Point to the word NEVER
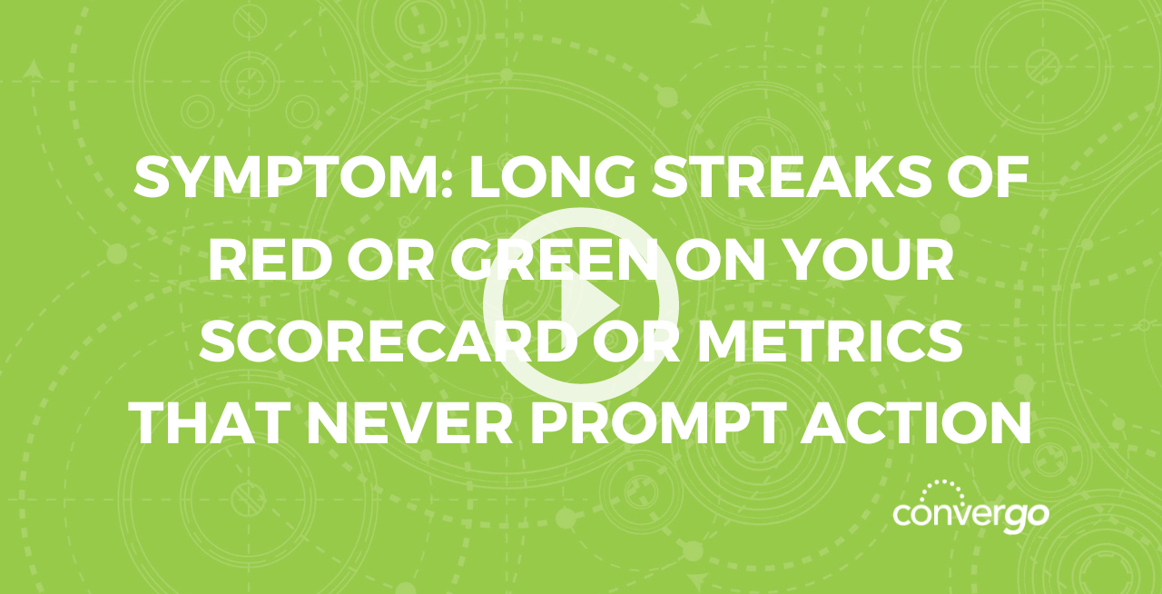click(x=411, y=423)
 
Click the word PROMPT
click(x=656, y=423)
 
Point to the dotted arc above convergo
click(x=942, y=486)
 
